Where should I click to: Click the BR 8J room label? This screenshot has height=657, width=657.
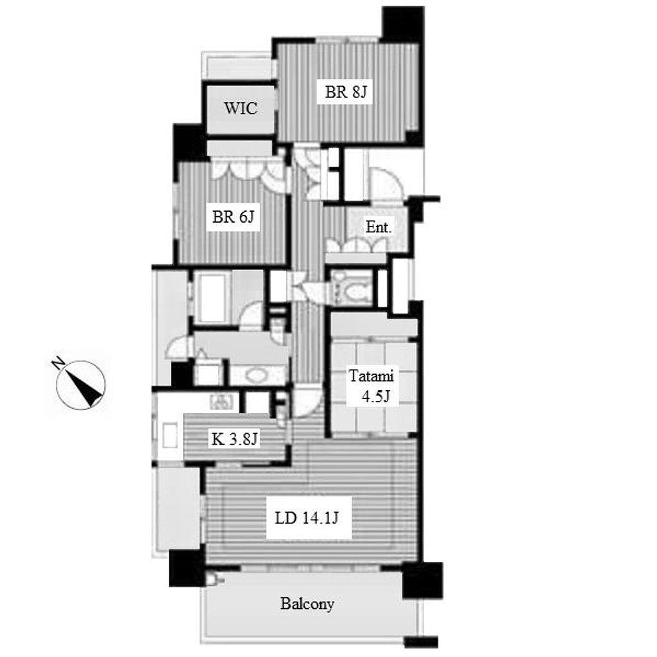pyautogui.click(x=346, y=92)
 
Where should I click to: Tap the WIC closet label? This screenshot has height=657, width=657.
pyautogui.click(x=241, y=108)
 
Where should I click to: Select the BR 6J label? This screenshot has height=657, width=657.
pyautogui.click(x=234, y=217)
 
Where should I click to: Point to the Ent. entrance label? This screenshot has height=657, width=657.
pyautogui.click(x=379, y=227)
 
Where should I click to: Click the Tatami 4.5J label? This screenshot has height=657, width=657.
pyautogui.click(x=371, y=386)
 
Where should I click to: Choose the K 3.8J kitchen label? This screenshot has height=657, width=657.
pyautogui.click(x=234, y=439)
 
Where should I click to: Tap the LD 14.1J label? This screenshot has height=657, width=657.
pyautogui.click(x=307, y=518)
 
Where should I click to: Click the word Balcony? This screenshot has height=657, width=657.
pyautogui.click(x=307, y=604)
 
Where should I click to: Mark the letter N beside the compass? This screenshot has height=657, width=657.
pyautogui.click(x=57, y=363)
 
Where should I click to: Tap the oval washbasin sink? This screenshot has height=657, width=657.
pyautogui.click(x=257, y=375)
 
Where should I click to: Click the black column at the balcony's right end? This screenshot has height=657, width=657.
pyautogui.click(x=422, y=580)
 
